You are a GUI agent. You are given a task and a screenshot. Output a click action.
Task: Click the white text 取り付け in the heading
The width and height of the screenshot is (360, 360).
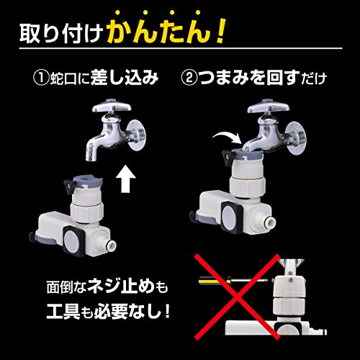[61, 33]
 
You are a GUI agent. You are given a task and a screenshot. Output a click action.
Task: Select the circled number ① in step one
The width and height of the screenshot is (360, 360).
[41, 78]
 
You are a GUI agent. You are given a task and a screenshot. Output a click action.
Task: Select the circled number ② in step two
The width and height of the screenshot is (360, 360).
[189, 78]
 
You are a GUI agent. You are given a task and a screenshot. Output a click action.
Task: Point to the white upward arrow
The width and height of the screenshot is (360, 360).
[126, 179]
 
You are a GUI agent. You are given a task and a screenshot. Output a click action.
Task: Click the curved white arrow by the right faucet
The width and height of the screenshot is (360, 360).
[227, 138]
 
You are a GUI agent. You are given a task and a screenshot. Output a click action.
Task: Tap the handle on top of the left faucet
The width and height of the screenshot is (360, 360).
[112, 106]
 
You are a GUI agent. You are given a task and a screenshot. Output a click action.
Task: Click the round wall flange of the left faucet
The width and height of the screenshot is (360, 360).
[137, 135]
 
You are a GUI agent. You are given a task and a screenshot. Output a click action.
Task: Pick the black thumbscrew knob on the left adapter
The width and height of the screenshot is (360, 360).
[69, 186]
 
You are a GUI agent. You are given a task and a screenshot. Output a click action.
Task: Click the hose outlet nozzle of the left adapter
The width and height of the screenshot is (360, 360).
[111, 246]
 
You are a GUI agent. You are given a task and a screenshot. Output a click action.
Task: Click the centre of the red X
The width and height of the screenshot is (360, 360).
[237, 297]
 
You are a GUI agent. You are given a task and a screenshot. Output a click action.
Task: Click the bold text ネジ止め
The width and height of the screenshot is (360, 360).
[121, 287]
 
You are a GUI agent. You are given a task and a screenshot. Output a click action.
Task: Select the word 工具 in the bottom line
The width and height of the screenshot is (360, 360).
[63, 311]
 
